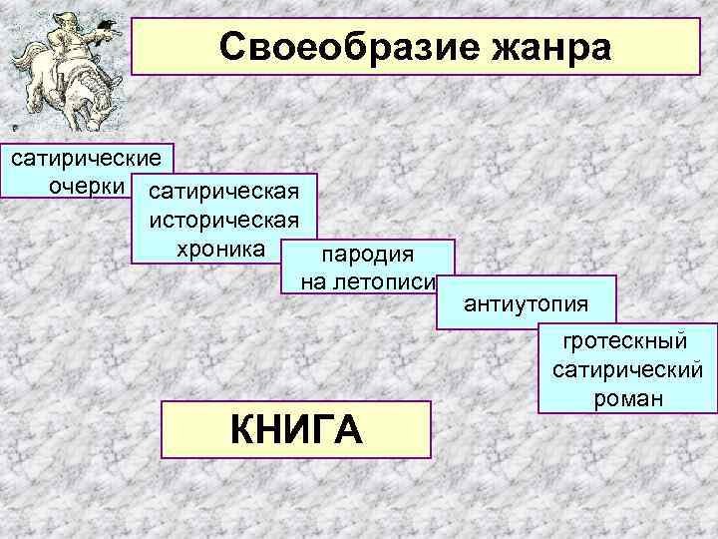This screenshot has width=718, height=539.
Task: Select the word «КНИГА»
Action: (295, 430)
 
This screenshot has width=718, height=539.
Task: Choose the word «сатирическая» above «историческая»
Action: (223, 191)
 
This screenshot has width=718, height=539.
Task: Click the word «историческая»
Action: (223, 219)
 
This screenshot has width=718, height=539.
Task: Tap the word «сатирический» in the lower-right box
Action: (626, 370)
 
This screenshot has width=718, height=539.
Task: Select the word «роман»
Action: (626, 397)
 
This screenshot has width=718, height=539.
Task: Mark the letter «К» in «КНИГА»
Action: (242, 430)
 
